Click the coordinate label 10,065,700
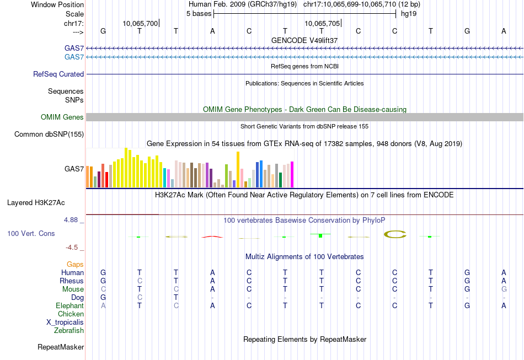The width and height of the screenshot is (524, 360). click(140, 23)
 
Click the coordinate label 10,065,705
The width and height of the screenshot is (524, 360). click(322, 23)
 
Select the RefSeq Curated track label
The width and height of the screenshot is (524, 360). click(58, 74)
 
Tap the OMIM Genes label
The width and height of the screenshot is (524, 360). click(62, 117)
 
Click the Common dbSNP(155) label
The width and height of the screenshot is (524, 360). click(49, 134)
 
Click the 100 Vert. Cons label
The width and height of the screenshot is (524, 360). click(31, 233)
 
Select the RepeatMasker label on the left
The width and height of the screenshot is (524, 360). click(61, 347)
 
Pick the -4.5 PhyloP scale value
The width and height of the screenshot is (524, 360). click(74, 248)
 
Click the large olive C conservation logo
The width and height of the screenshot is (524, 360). click(394, 234)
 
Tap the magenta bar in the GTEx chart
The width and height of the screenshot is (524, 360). click(292, 174)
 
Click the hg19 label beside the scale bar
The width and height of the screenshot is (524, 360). click(409, 14)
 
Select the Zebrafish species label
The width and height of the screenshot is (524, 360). click(69, 331)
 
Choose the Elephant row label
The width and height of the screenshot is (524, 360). click(69, 305)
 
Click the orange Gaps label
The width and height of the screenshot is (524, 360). click(75, 265)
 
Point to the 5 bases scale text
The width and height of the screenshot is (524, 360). click(199, 14)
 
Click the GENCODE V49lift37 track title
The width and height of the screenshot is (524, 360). click(304, 40)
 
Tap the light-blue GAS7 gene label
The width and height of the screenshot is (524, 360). click(74, 57)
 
